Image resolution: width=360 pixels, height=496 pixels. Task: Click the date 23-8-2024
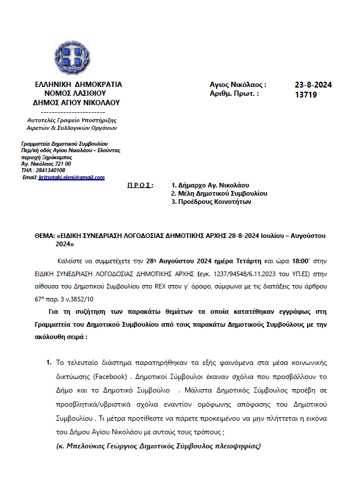[x=313, y=85]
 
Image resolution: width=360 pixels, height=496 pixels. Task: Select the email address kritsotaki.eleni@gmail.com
[x=71, y=177]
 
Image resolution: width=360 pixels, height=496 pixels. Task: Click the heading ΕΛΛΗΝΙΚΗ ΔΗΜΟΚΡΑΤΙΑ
[x=79, y=85]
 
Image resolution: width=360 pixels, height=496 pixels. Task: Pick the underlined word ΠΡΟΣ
[x=140, y=185]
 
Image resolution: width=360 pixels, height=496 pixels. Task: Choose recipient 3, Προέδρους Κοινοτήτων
[x=211, y=202]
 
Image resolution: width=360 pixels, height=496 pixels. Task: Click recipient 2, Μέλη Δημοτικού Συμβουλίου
[x=219, y=193]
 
